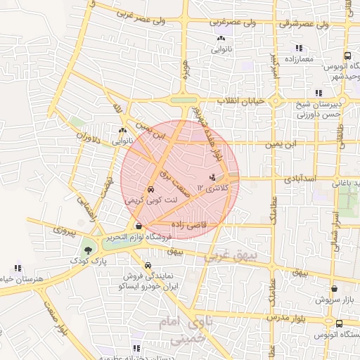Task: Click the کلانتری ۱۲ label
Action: [x=214, y=188]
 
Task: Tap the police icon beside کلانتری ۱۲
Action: [x=213, y=177]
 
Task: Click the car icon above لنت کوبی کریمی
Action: [x=151, y=190]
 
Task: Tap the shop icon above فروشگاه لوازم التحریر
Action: [x=139, y=226]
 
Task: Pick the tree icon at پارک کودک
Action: [x=88, y=250]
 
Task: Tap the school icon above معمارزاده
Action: [x=299, y=48]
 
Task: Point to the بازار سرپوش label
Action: [x=333, y=300]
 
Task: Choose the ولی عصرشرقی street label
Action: [x=245, y=22]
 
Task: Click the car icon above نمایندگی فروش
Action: [x=146, y=265]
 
